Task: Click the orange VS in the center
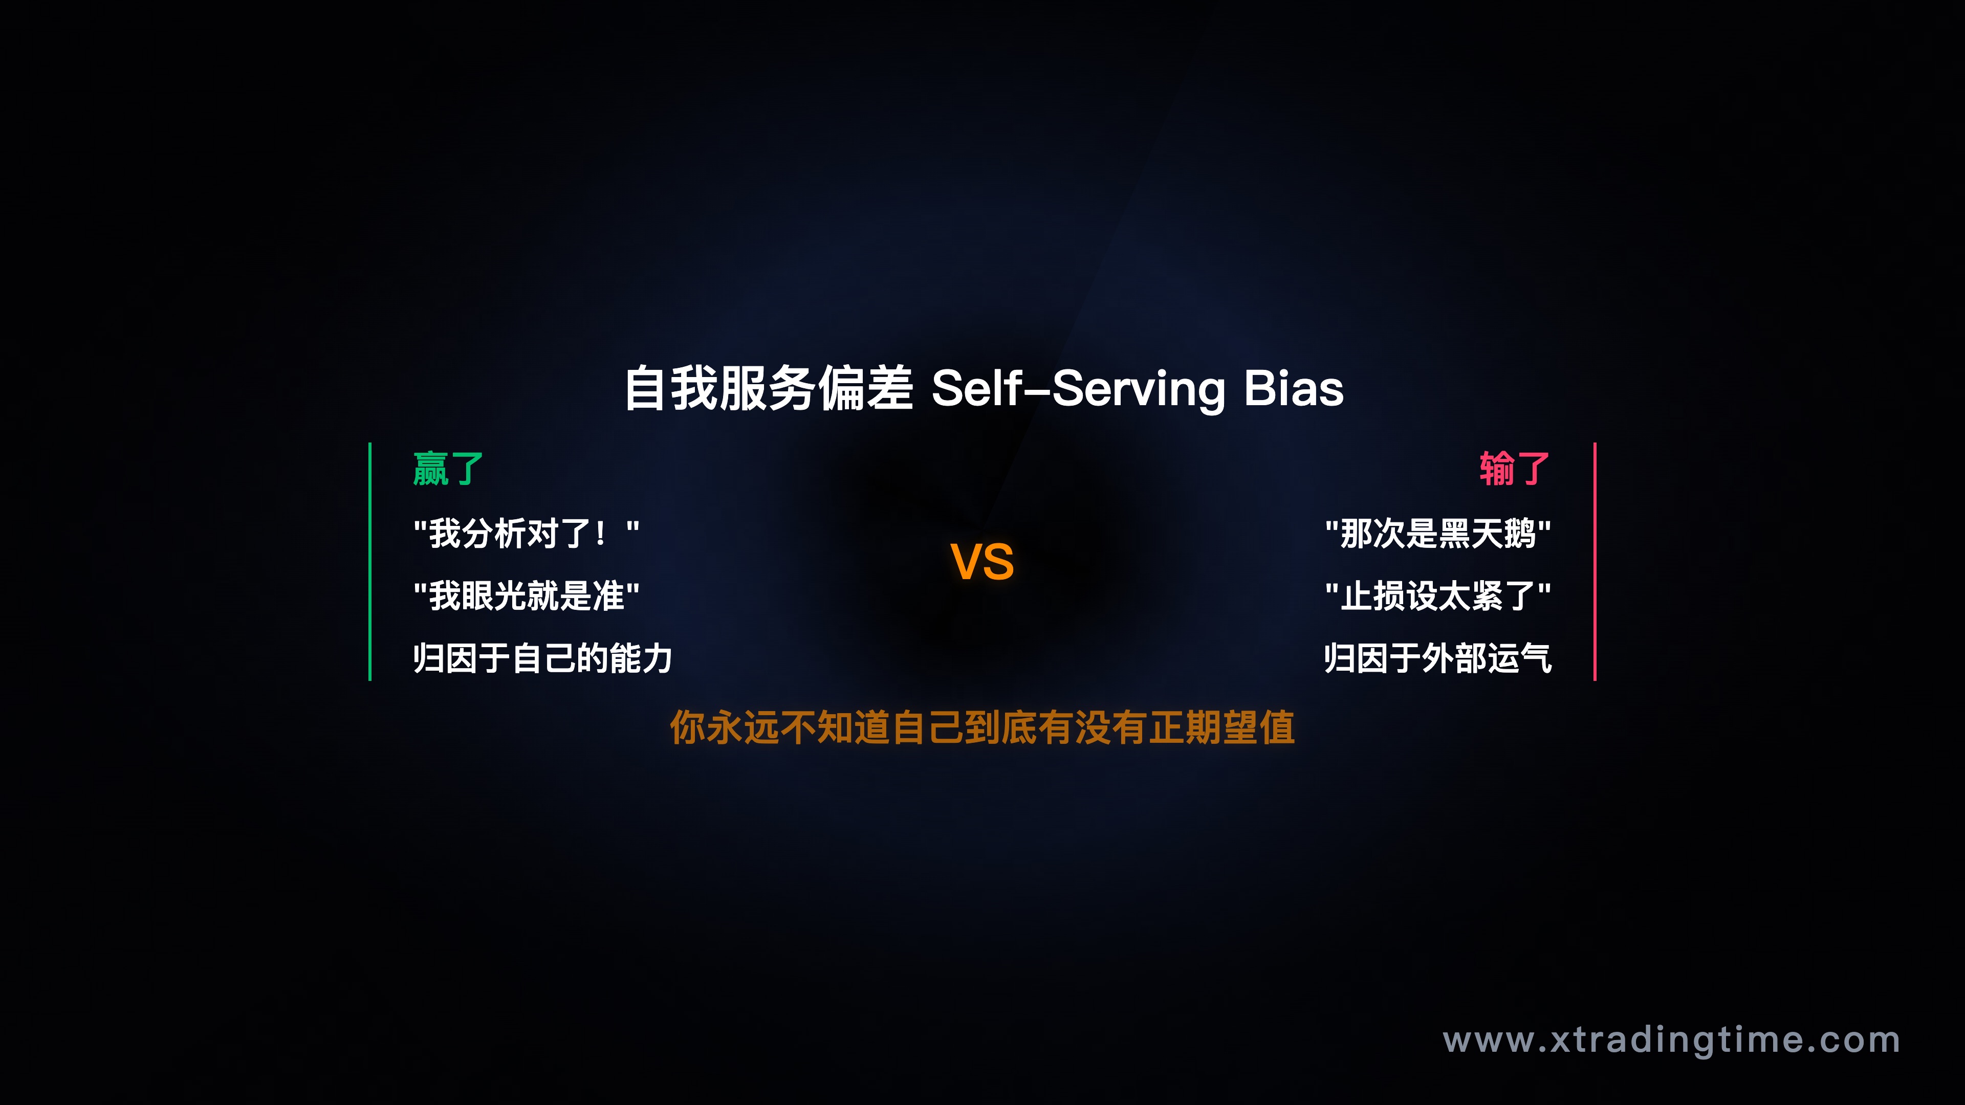[x=982, y=562]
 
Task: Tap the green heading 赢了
[x=448, y=468]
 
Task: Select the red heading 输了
[x=1514, y=468]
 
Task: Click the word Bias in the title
[x=1293, y=388]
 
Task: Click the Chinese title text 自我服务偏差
[x=768, y=388]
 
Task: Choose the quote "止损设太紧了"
[x=1438, y=595]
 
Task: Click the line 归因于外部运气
[x=1438, y=658]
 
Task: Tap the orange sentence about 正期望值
[x=982, y=727]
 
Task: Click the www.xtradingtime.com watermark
[x=1671, y=1040]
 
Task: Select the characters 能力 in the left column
[x=641, y=658]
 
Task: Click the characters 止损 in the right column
[x=1373, y=595]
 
